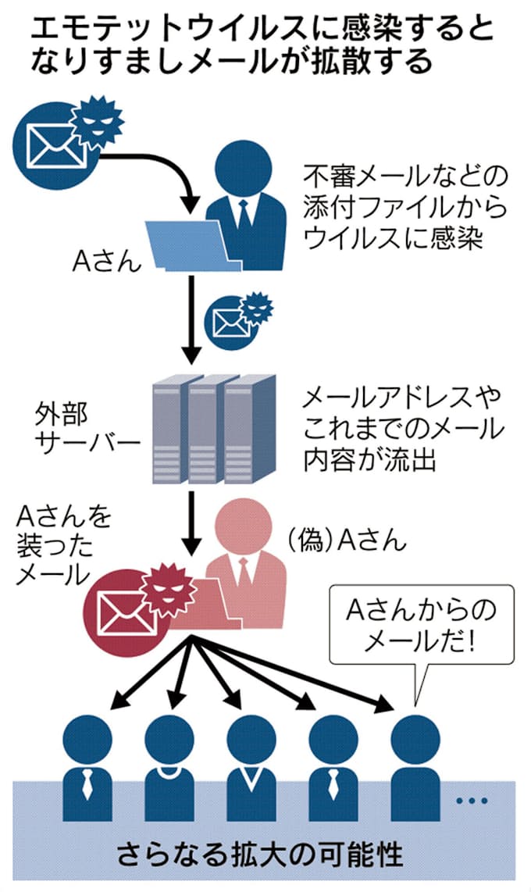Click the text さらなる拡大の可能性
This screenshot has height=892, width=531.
tap(262, 854)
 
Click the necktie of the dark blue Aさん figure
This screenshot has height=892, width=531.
tap(244, 214)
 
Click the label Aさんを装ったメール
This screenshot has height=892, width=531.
tap(62, 546)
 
